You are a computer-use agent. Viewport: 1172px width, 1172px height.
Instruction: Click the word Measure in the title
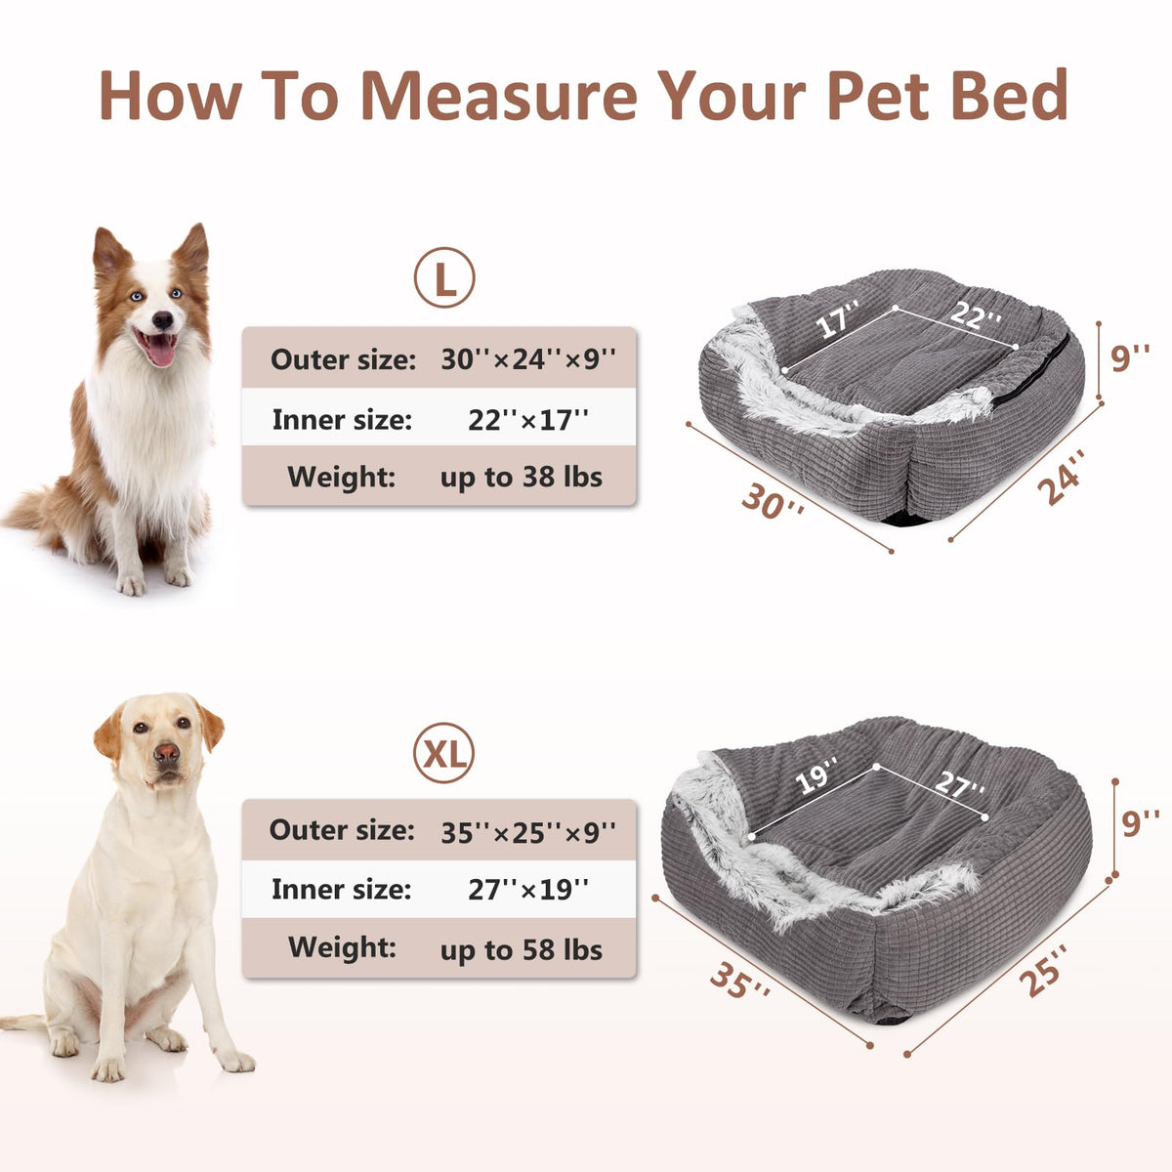[x=499, y=96]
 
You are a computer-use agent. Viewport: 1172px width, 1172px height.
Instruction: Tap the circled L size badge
[x=444, y=277]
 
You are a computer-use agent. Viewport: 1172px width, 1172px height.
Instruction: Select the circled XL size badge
[x=444, y=752]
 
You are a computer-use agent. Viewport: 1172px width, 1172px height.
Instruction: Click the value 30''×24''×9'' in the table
[x=528, y=358]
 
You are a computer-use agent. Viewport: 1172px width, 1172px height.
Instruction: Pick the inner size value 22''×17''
[x=528, y=419]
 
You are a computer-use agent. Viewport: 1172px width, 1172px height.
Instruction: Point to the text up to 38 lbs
[x=522, y=478]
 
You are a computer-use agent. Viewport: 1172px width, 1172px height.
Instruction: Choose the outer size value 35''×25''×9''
[x=528, y=832]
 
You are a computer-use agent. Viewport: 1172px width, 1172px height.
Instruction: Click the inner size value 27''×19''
[x=528, y=889]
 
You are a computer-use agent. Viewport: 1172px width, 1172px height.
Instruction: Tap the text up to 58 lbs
[x=522, y=949]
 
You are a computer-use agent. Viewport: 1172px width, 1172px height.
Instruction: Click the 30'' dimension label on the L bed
[x=773, y=501]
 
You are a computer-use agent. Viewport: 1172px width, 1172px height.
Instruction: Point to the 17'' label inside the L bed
[x=837, y=317]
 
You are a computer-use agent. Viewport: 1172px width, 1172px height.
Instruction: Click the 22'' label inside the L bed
[x=975, y=314]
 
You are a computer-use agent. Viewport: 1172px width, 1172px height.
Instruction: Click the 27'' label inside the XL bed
[x=960, y=784]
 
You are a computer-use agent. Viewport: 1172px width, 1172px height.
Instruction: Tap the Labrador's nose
[x=165, y=753]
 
